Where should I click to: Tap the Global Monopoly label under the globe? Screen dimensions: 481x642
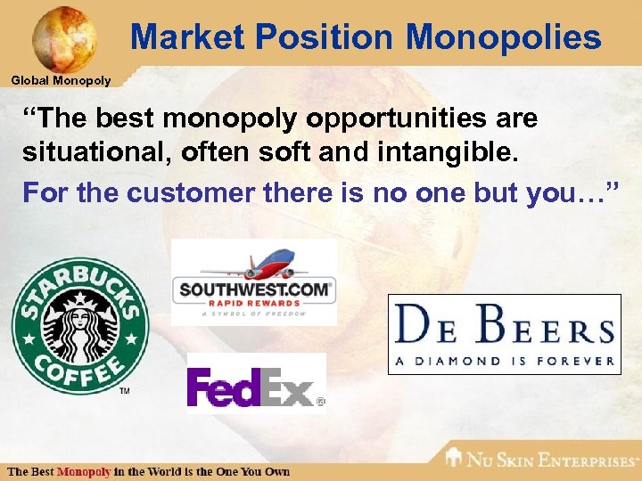pyautogui.click(x=61, y=81)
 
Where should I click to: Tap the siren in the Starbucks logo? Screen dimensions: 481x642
pyautogui.click(x=78, y=325)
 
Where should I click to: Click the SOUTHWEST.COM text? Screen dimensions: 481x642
pyautogui.click(x=255, y=289)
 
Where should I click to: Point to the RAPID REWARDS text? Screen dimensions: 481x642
pyautogui.click(x=255, y=303)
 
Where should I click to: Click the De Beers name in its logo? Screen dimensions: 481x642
pyautogui.click(x=504, y=326)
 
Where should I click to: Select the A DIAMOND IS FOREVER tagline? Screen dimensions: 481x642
pyautogui.click(x=504, y=361)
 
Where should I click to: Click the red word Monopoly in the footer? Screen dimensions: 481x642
pyautogui.click(x=84, y=471)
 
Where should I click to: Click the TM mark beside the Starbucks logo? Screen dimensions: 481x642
pyautogui.click(x=124, y=390)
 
